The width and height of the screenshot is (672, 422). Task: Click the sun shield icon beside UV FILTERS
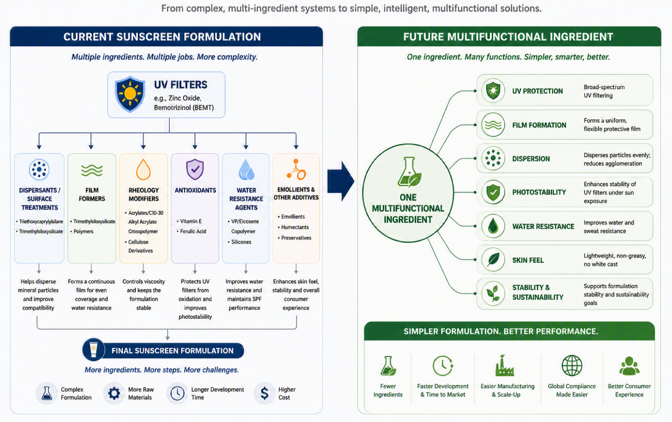point(130,94)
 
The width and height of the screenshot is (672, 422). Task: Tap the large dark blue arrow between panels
point(341,181)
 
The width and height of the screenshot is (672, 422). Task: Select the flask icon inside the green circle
point(409,172)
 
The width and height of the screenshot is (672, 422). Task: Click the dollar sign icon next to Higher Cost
point(264,393)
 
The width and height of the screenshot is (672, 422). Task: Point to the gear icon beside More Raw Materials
point(114,393)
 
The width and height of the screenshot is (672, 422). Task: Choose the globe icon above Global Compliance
point(572,366)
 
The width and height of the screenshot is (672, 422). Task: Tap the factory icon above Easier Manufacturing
point(505,366)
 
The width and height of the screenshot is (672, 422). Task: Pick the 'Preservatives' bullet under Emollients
point(295,238)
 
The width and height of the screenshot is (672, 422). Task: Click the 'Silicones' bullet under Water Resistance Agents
point(239,242)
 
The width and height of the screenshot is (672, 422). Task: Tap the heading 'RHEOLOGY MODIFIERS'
point(144,194)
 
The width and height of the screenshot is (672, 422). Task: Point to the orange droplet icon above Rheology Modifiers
point(143,170)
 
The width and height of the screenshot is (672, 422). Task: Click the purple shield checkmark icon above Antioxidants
point(195,170)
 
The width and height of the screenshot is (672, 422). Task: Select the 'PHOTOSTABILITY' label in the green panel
point(539,192)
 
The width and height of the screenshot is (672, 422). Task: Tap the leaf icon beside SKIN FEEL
point(493,260)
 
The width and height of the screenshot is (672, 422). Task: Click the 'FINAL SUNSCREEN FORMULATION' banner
point(163,350)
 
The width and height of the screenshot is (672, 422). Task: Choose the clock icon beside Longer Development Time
point(177,393)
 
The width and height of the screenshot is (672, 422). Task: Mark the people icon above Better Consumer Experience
point(629,366)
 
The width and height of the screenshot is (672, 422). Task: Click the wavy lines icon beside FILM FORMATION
point(493,125)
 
